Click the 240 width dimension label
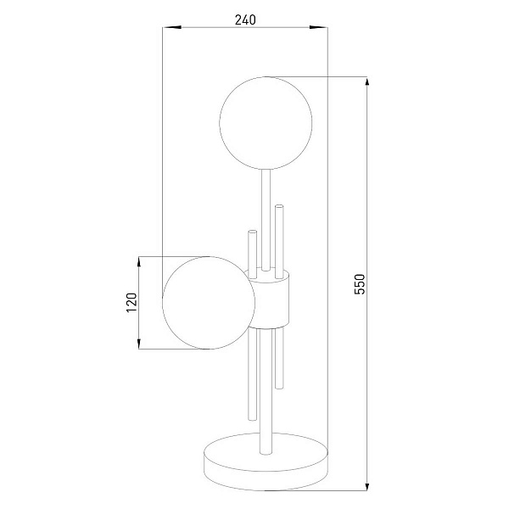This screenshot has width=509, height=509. pos(245,20)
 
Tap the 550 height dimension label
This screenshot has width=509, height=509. pos(360,284)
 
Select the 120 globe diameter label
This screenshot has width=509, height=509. pos(131,303)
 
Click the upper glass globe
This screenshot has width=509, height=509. pos(266,123)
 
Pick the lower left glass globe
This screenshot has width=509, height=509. pos(209,303)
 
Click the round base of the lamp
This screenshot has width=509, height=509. pos(266,461)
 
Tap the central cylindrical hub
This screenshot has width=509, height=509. pos(271,299)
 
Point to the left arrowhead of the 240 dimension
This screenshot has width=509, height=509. pos(171,28)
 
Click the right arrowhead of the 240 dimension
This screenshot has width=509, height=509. pos(318,28)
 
